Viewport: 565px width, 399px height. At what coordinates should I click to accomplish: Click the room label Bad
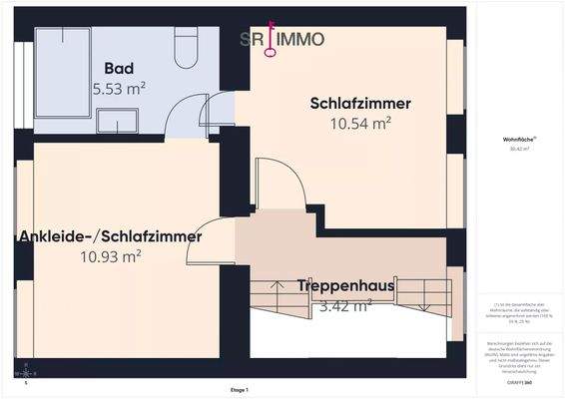[x=119, y=69]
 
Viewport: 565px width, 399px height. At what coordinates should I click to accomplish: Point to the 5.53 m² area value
[x=119, y=88]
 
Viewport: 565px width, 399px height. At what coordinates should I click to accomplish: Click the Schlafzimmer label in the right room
[x=360, y=104]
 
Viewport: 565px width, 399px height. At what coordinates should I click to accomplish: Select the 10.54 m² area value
[x=360, y=123]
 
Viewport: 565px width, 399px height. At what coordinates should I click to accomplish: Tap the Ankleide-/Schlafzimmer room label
[x=110, y=236]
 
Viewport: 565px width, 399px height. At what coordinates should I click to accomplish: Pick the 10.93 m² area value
[x=110, y=256]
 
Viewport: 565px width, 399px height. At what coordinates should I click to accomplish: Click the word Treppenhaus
[x=345, y=286]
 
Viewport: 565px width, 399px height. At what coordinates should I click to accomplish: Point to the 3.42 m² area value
[x=345, y=305]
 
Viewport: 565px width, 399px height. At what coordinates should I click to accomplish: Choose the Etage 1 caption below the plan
[x=240, y=389]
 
